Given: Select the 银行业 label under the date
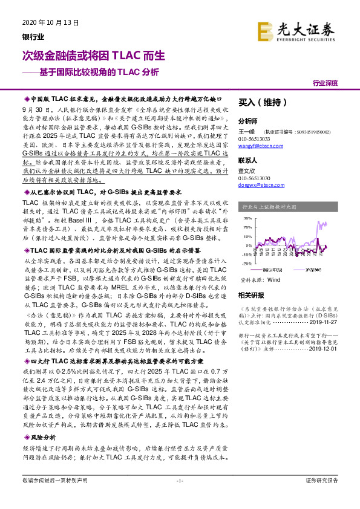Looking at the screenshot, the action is pos(33,36).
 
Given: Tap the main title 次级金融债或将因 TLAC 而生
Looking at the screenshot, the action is pos(93,56).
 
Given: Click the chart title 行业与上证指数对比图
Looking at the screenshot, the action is pos(269,207).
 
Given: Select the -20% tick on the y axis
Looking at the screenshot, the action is pos(247,263).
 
